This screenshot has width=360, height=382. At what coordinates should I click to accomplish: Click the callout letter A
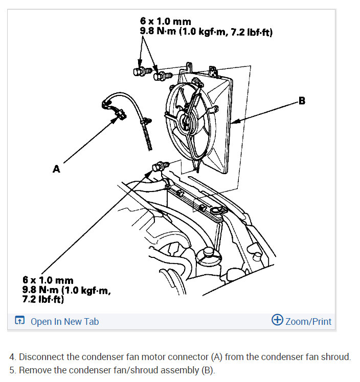[x=56, y=169]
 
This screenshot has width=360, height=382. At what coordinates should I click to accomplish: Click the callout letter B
[x=302, y=101]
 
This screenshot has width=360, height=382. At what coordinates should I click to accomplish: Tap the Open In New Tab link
[x=64, y=322]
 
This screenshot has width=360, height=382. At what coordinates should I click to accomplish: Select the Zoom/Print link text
[x=308, y=322]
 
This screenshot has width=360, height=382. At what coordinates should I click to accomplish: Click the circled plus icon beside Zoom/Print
[x=277, y=320]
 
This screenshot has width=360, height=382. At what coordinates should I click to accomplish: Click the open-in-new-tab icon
[x=20, y=320]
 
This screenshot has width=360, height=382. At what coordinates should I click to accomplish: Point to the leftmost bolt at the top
[x=142, y=71]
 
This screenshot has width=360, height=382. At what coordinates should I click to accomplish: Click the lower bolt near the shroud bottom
[x=160, y=166]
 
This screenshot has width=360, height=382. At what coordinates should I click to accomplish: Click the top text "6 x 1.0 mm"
[x=165, y=21]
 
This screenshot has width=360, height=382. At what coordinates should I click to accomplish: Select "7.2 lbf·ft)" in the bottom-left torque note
[x=43, y=299]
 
